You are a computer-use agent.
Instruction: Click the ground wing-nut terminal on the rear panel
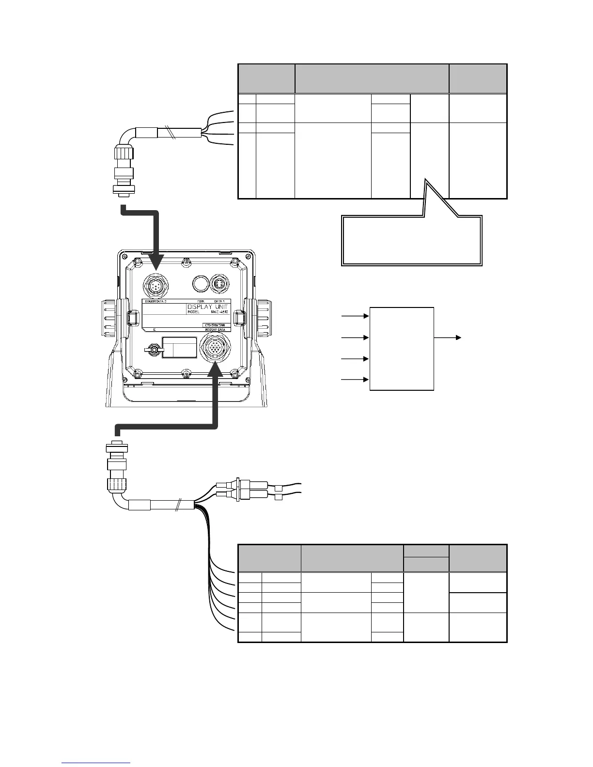click(153, 349)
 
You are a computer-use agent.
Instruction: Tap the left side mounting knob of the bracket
click(113, 320)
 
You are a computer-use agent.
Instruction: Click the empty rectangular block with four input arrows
click(401, 348)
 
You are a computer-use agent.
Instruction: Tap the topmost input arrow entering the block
click(356, 316)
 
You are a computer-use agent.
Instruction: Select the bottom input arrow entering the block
click(356, 380)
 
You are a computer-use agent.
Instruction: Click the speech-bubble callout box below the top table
click(412, 241)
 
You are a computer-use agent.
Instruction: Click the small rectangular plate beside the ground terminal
click(178, 348)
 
